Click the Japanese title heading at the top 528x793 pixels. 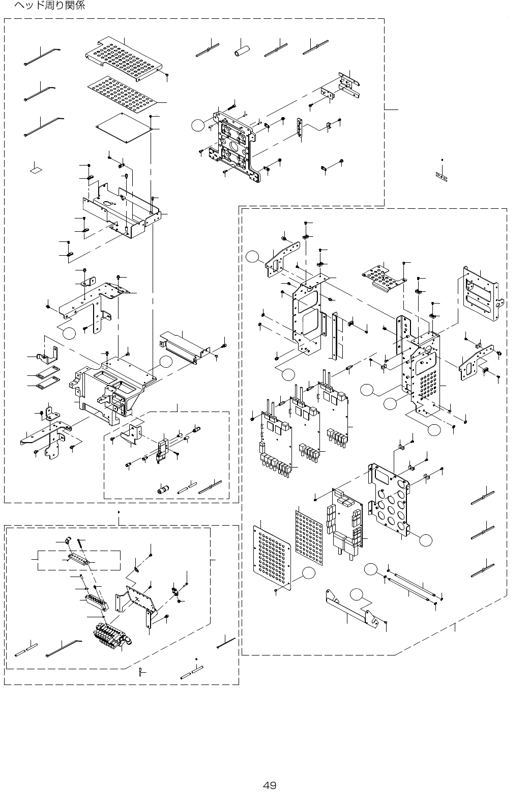coord(49,6)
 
